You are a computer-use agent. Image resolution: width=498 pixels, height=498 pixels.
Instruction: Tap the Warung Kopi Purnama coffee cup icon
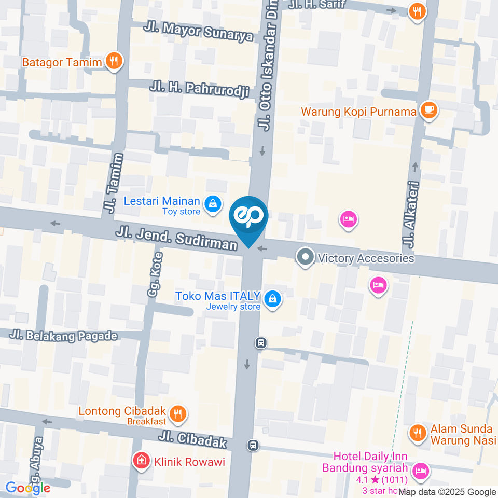pyautogui.click(x=428, y=110)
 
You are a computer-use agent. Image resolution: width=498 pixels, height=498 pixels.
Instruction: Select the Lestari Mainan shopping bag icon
pyautogui.click(x=213, y=204)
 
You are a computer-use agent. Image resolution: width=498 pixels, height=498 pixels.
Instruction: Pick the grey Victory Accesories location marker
pyautogui.click(x=306, y=257)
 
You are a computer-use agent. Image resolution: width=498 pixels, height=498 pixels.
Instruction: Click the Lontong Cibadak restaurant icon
pyautogui.click(x=178, y=413)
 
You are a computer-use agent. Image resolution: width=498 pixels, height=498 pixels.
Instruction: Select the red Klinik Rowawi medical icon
pyautogui.click(x=140, y=460)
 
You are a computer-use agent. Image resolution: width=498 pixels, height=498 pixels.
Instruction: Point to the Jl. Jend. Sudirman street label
pyautogui.click(x=176, y=237)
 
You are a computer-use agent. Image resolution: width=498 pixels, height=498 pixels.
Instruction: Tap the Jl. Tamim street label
pyautogui.click(x=115, y=183)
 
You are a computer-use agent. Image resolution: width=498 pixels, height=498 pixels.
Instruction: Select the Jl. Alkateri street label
pyautogui.click(x=411, y=214)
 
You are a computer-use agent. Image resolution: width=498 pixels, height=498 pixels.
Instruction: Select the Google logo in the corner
pyautogui.click(x=28, y=488)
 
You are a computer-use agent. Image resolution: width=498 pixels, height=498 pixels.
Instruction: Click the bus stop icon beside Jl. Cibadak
pyautogui.click(x=253, y=445)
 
